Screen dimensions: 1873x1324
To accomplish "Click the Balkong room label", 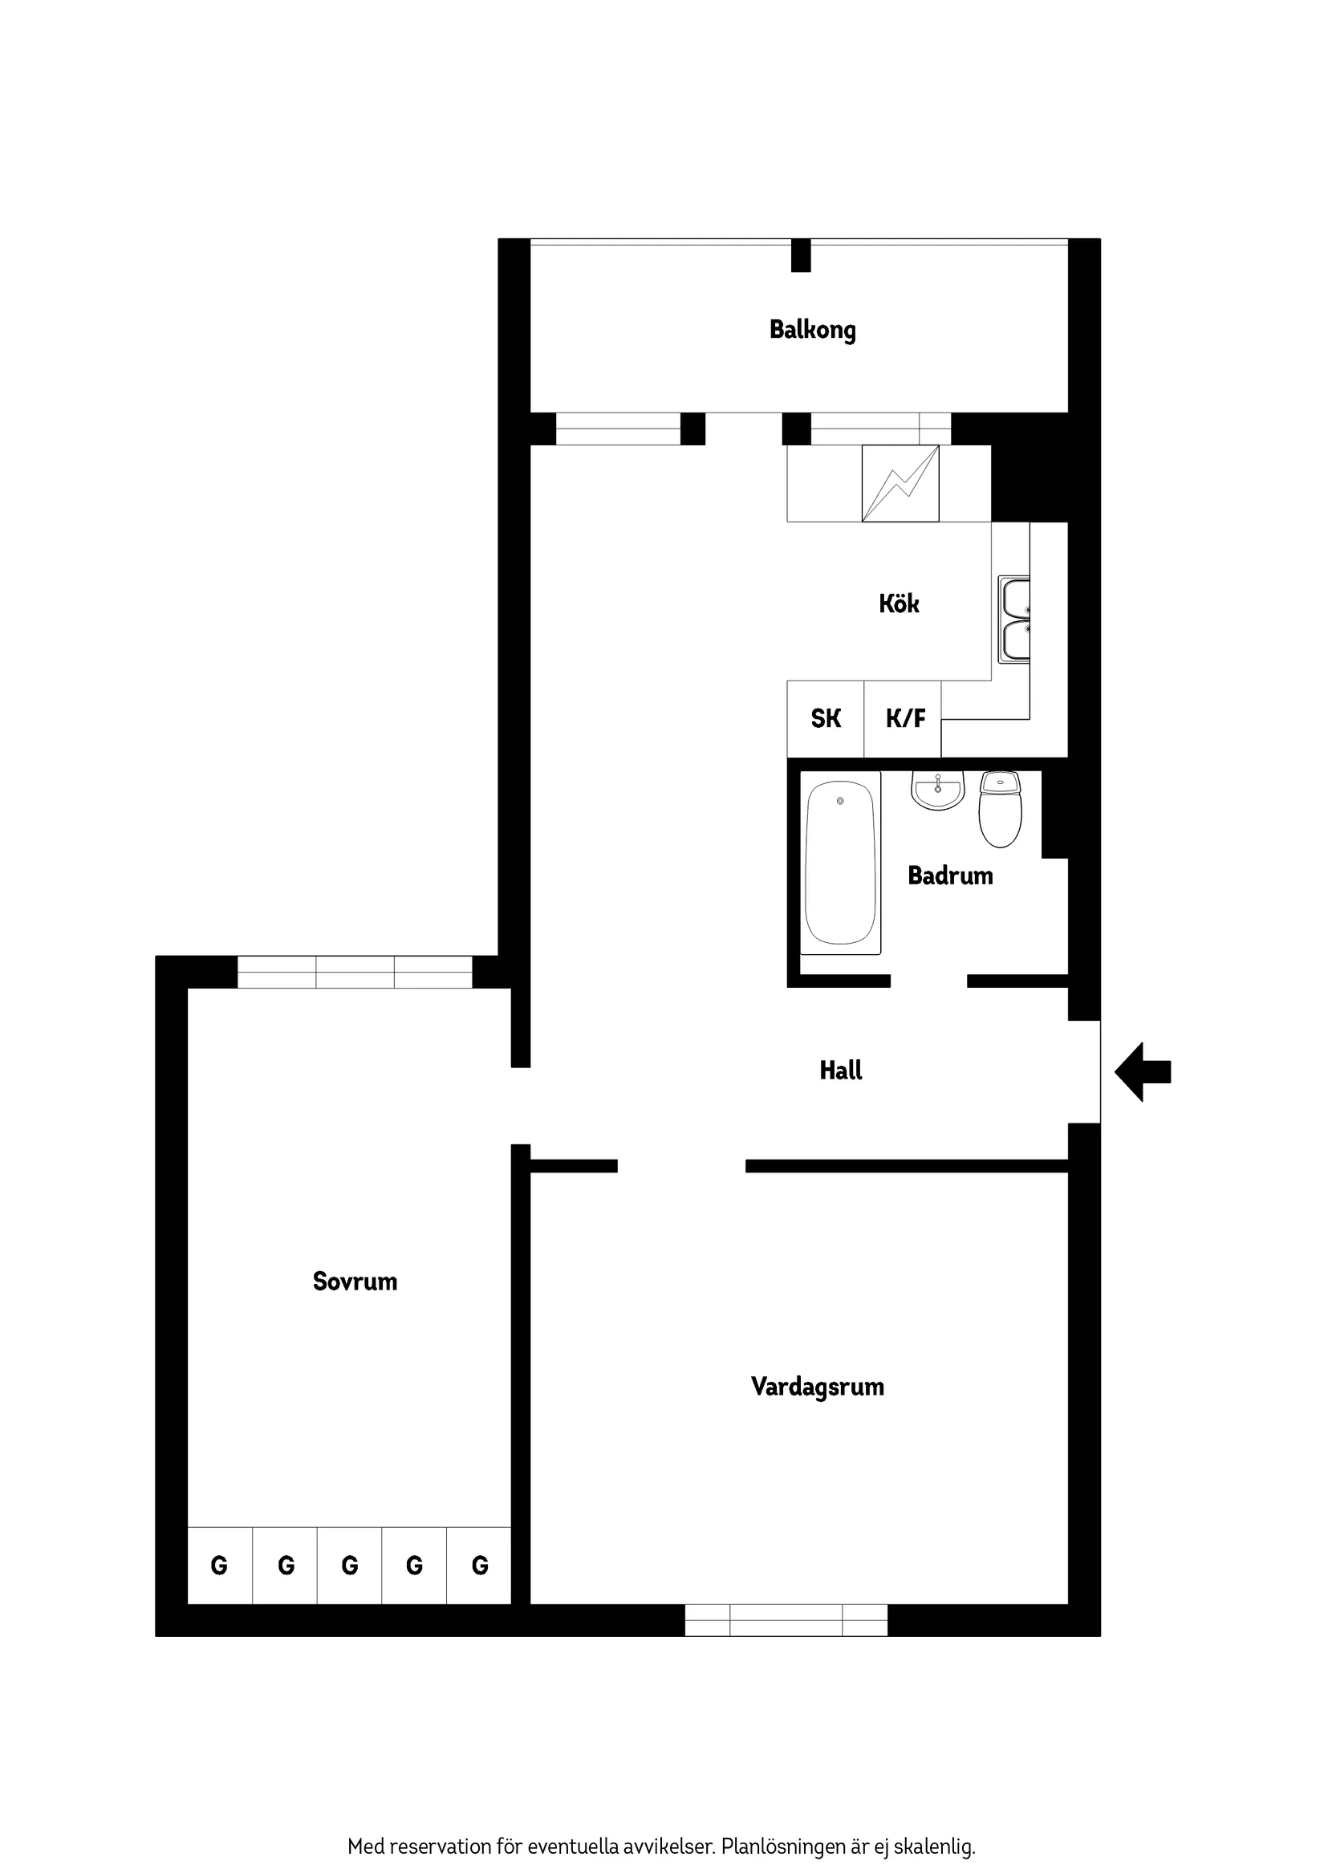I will [813, 331].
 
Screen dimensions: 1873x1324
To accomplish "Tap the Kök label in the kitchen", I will [899, 603].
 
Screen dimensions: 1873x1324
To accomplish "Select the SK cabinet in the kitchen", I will [826, 719].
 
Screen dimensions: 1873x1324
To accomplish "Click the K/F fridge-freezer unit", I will [904, 719].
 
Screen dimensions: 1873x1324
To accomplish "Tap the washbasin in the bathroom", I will [938, 791].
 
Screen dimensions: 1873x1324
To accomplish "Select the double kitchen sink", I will [1015, 620].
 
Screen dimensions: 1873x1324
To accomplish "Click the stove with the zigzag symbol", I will [900, 484].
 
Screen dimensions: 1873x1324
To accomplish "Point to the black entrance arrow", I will [1142, 1072].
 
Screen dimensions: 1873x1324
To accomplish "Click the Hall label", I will [841, 1071].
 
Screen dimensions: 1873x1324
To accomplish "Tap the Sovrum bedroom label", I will [355, 1282].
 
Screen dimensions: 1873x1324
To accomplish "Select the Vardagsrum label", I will [818, 1387].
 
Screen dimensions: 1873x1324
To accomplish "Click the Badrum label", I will [950, 876].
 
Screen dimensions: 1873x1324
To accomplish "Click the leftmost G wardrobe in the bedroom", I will [219, 1566].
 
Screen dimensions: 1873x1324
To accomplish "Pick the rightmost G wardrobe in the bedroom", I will [480, 1566].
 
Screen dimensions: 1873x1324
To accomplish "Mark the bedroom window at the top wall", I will [355, 973].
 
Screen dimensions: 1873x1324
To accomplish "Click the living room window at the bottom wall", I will [786, 1620].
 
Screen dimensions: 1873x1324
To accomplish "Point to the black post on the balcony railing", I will [801, 255].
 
